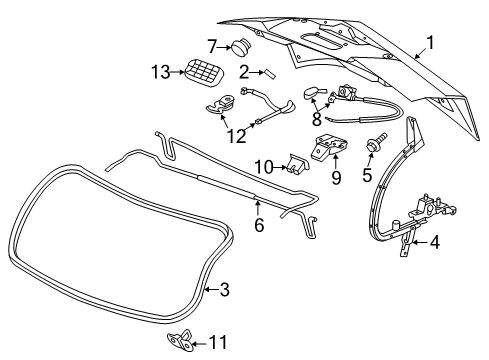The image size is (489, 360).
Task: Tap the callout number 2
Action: (245, 72)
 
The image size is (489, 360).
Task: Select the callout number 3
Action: (224, 291)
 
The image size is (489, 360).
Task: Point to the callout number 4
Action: (433, 269)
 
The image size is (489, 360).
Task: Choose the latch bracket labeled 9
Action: (328, 145)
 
